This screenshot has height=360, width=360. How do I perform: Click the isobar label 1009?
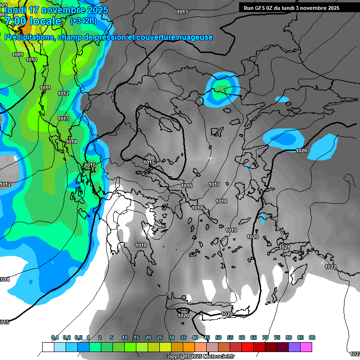(18, 55)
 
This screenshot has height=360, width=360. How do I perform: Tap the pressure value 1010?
(31, 60)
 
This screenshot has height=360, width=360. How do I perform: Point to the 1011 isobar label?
(45, 88)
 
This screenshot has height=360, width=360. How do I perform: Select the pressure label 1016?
(187, 186)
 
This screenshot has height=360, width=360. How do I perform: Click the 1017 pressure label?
(214, 185)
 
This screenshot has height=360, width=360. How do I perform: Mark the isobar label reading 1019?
(231, 231)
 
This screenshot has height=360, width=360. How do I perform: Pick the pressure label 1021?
(285, 247)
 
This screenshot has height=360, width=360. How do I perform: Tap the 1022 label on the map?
(330, 267)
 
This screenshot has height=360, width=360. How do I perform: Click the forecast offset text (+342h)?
(84, 21)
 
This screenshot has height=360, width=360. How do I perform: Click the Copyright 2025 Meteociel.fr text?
(199, 357)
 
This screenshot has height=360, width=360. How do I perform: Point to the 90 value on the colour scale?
(312, 338)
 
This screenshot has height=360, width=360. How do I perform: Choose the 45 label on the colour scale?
(207, 338)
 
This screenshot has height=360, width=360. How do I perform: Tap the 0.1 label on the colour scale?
(55, 338)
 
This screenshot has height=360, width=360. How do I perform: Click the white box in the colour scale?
(48, 347)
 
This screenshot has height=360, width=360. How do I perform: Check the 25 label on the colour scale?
(160, 338)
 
